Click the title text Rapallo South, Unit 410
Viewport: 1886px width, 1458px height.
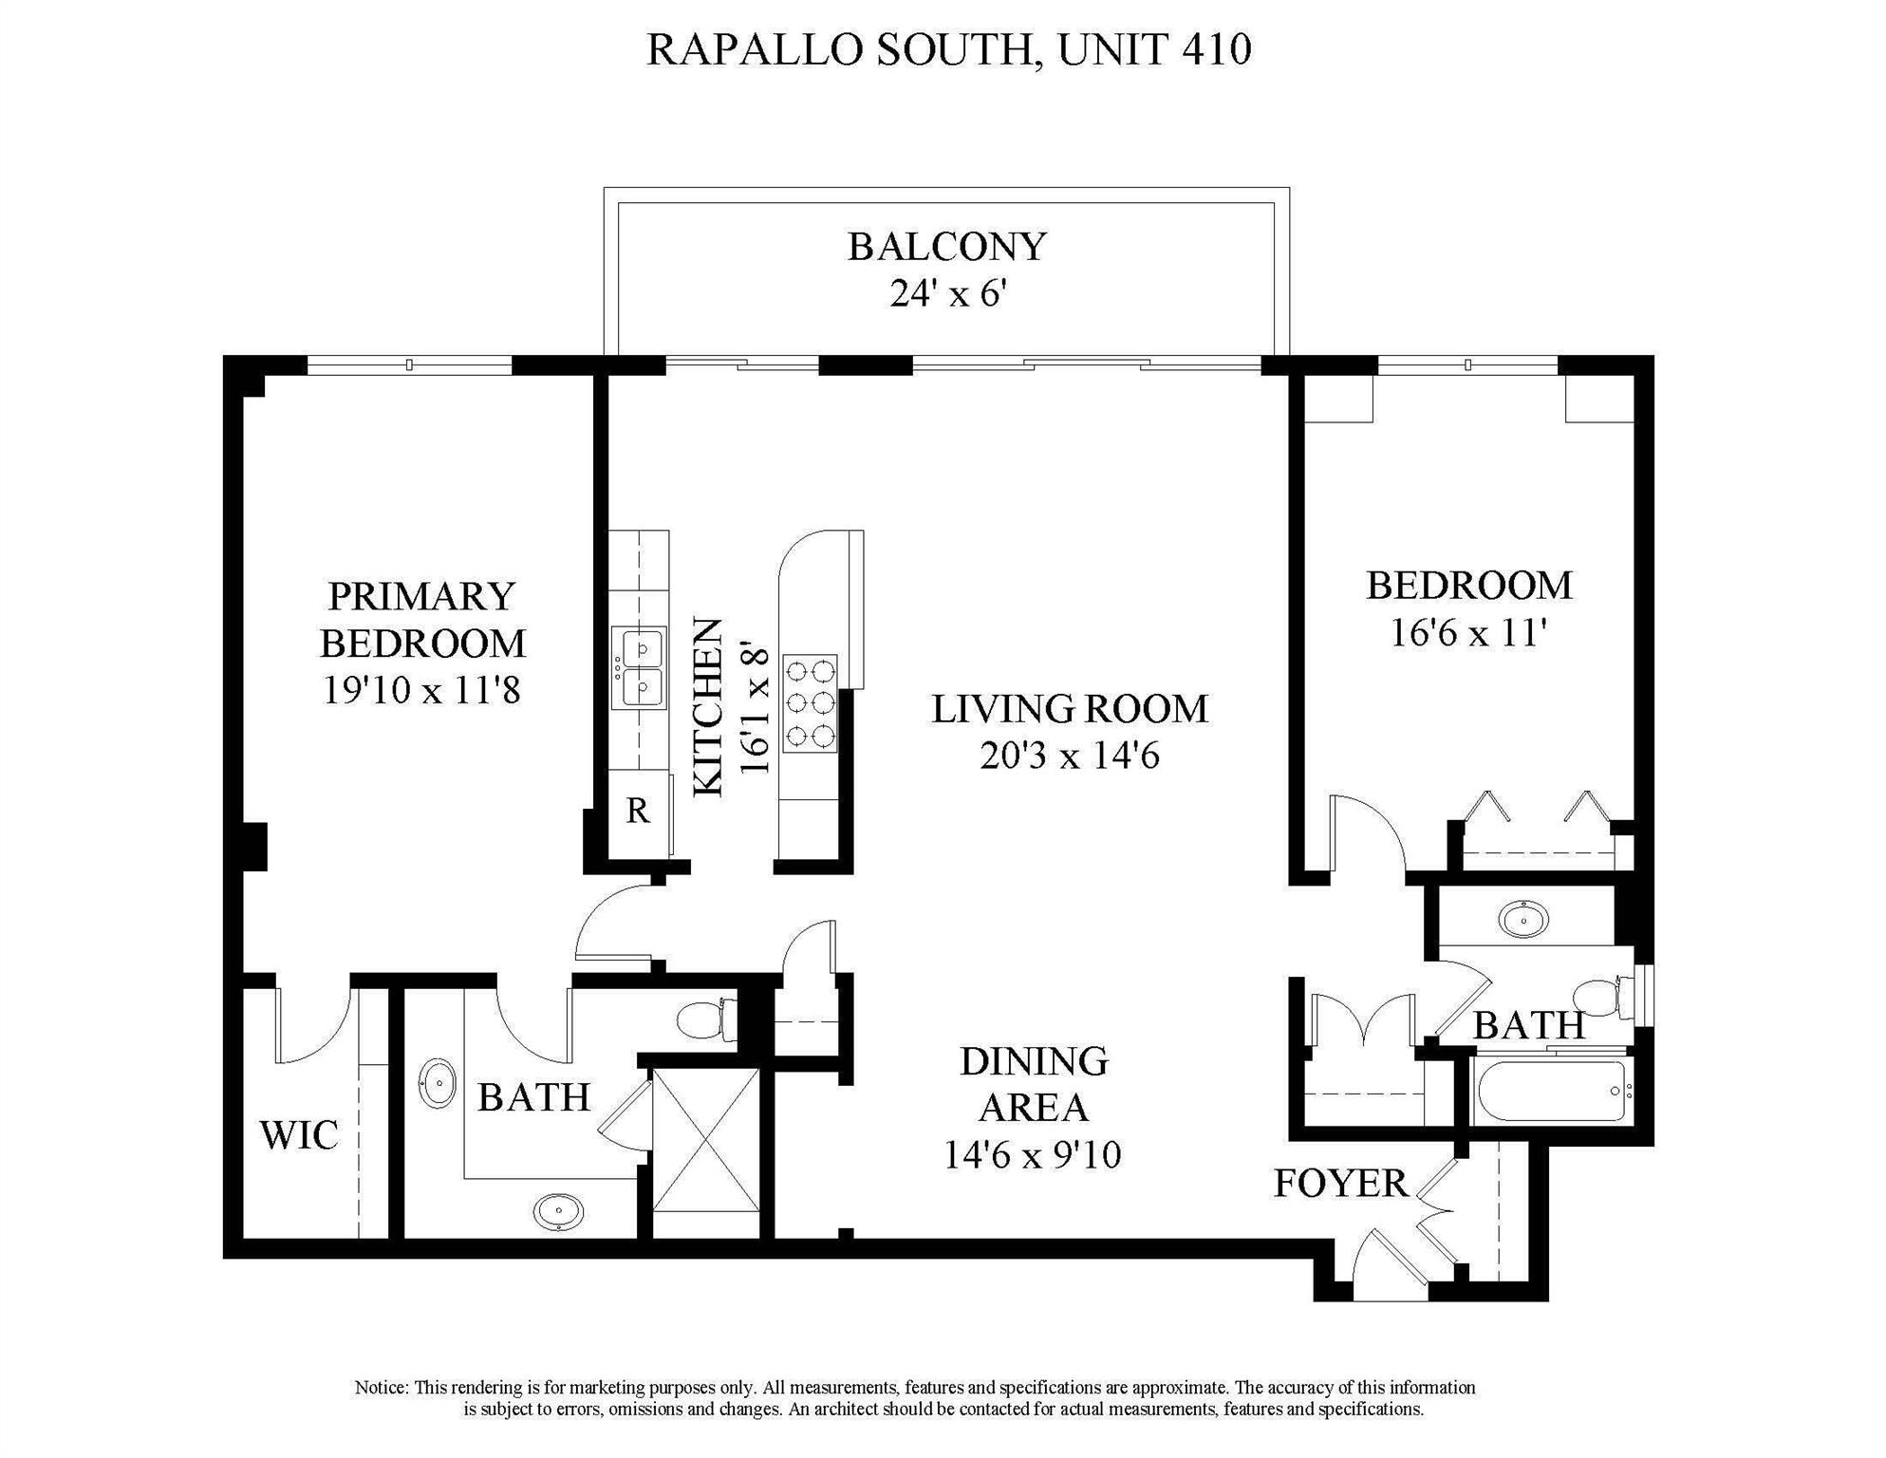pyautogui.click(x=949, y=49)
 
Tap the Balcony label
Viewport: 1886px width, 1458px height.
pyautogui.click(x=947, y=247)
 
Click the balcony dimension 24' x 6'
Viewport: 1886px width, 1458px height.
pyautogui.click(x=947, y=293)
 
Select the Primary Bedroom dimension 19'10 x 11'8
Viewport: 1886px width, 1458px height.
pyautogui.click(x=422, y=690)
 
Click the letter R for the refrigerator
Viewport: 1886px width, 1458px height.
pyautogui.click(x=638, y=811)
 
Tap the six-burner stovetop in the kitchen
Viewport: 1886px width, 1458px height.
pyautogui.click(x=811, y=703)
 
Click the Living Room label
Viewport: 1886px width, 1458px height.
pyautogui.click(x=1070, y=709)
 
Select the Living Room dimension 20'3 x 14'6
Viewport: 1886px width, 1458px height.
pyautogui.click(x=1070, y=757)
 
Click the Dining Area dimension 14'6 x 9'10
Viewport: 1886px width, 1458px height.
pyautogui.click(x=1033, y=1155)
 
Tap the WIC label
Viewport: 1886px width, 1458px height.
pyautogui.click(x=299, y=1135)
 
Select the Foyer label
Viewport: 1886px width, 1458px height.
pyautogui.click(x=1341, y=1184)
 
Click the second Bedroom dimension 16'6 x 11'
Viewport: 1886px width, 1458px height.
pyautogui.click(x=1469, y=632)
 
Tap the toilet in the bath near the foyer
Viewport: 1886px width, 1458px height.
pyautogui.click(x=1602, y=999)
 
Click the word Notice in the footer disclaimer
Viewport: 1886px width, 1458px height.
pyautogui.click(x=382, y=1388)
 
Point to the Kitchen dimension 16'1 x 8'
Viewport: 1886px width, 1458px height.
pyautogui.click(x=755, y=708)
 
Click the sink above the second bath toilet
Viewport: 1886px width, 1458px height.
pyautogui.click(x=1524, y=919)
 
